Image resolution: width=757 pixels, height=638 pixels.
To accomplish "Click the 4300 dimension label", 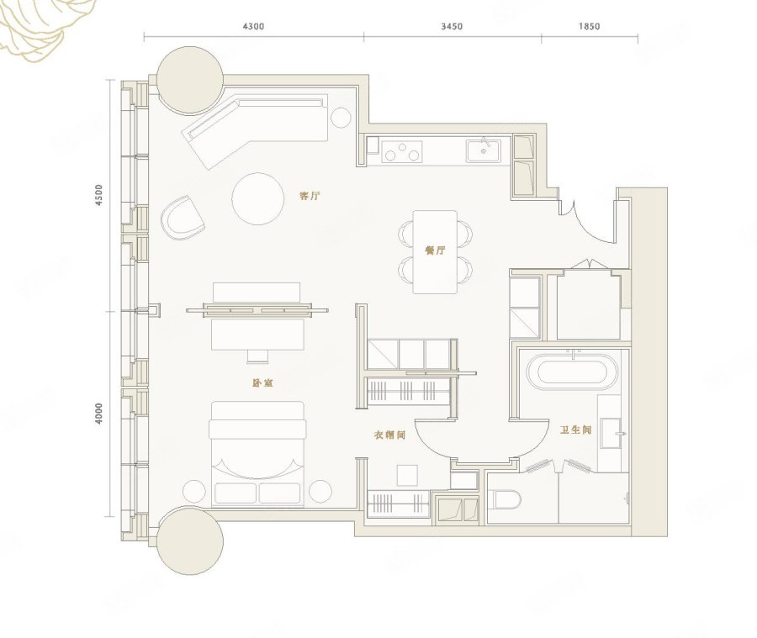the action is tap(253, 26).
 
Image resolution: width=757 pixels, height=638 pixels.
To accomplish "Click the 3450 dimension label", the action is tap(452, 26).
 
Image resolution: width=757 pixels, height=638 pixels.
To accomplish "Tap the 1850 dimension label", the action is tap(589, 26).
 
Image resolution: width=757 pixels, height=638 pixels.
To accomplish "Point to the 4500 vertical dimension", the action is tap(99, 195).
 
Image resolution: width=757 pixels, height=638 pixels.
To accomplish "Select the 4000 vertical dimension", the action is tap(99, 414).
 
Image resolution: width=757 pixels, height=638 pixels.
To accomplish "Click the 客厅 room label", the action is tap(310, 196).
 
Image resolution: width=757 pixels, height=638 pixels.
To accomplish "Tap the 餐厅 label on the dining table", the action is tap(435, 250).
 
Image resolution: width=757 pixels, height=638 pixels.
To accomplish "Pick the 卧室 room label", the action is tap(263, 383).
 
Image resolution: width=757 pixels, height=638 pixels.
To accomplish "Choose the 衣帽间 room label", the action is tap(389, 435).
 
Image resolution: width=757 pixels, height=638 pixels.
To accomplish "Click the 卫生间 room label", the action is tap(575, 430).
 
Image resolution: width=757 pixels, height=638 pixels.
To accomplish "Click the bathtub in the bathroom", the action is tap(573, 372).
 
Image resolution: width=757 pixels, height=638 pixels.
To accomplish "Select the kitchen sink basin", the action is tap(484, 151).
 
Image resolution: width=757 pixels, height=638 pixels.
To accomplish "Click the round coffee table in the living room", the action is tap(258, 199).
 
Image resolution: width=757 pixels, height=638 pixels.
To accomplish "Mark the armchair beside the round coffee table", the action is tap(183, 219).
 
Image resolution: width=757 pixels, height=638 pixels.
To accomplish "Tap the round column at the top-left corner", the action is tap(190, 80).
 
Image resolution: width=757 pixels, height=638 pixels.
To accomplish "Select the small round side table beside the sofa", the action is tap(341, 118).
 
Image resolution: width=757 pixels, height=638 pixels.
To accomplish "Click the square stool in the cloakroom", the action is tap(407, 476).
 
